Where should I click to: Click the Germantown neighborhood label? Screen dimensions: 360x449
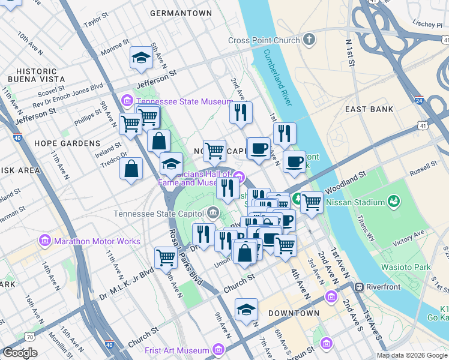pos(181,13)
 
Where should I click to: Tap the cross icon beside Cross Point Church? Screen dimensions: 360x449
pos(309,40)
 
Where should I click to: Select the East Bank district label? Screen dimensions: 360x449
pos(369,109)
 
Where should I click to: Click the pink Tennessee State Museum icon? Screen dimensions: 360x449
pos(127,101)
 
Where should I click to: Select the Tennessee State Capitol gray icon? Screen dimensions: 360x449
pos(212,214)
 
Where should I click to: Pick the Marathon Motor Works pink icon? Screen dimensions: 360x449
pos(44,241)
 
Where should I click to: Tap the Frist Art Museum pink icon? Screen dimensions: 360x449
pos(218,350)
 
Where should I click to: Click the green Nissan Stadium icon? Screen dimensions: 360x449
pos(393,200)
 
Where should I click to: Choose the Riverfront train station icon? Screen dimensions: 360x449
pos(359,287)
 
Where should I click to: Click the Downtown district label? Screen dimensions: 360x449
pos(294,313)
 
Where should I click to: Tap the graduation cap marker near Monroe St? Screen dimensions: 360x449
pos(141,58)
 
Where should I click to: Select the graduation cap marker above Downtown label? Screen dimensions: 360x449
pos(246,310)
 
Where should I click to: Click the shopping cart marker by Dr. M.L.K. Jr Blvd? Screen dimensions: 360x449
pos(166,258)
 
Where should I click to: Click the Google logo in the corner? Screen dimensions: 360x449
pos(20,353)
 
